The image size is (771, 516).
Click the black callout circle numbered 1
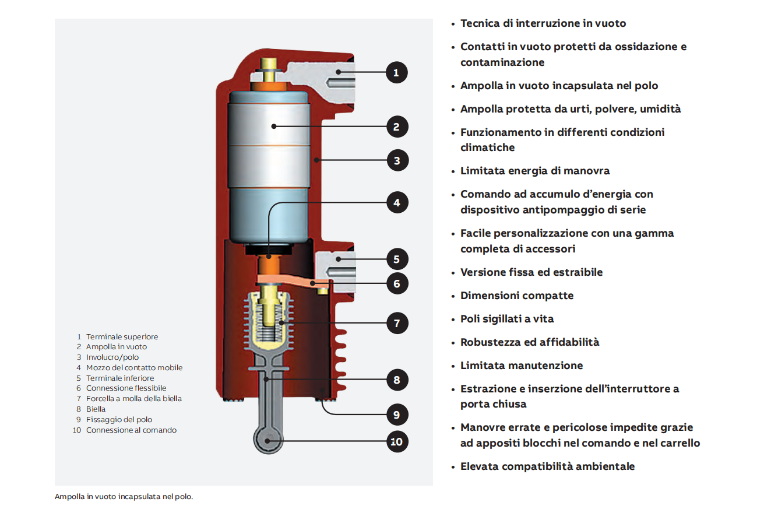pyautogui.click(x=396, y=73)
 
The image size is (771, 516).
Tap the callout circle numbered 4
pyautogui.click(x=397, y=203)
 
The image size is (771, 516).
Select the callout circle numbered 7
pyautogui.click(x=397, y=323)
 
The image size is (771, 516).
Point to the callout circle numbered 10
pyautogui.click(x=396, y=441)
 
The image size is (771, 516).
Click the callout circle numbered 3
pyautogui.click(x=397, y=160)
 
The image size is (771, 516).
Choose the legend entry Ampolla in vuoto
pyautogui.click(x=116, y=347)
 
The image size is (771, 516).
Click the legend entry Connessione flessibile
pyautogui.click(x=126, y=388)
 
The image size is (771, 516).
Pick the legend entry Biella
pyautogui.click(x=96, y=409)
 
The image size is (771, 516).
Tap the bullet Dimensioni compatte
pyautogui.click(x=516, y=296)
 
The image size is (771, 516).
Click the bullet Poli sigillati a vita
pyautogui.click(x=506, y=319)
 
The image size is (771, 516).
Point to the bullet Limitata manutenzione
pyautogui.click(x=521, y=366)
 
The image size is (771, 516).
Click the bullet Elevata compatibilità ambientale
pyautogui.click(x=547, y=466)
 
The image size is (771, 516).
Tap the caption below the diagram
pyautogui.click(x=124, y=497)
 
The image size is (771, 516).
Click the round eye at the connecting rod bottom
pyautogui.click(x=267, y=441)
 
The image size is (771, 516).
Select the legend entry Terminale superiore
pyautogui.click(x=122, y=337)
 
